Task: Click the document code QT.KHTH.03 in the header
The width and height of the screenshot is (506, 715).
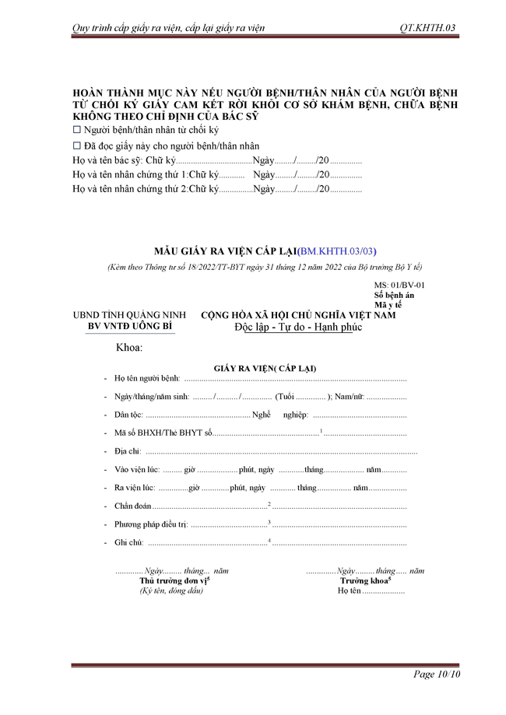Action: click(427, 28)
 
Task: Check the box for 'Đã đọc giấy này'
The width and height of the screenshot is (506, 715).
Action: click(77, 145)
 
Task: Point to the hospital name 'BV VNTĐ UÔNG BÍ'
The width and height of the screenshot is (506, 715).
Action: click(131, 326)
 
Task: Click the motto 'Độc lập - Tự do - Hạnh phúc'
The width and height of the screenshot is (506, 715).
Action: click(298, 326)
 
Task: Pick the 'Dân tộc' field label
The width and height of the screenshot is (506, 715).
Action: click(128, 415)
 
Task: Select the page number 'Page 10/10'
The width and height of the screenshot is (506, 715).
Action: click(437, 674)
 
